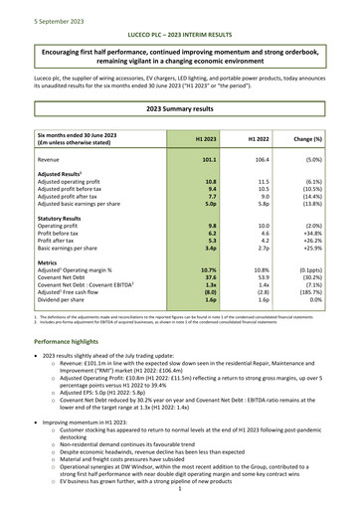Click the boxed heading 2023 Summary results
[179, 106]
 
